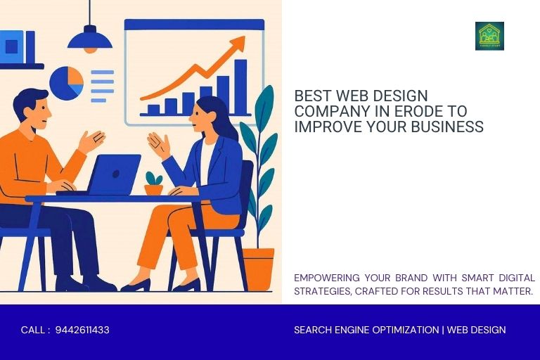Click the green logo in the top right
[489, 36]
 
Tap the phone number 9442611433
[82, 330]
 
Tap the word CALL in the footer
[33, 330]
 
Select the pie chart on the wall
[66, 83]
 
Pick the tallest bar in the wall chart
[240, 86]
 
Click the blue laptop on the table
[114, 174]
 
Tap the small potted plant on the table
[153, 184]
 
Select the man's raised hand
[92, 141]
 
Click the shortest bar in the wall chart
[153, 110]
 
